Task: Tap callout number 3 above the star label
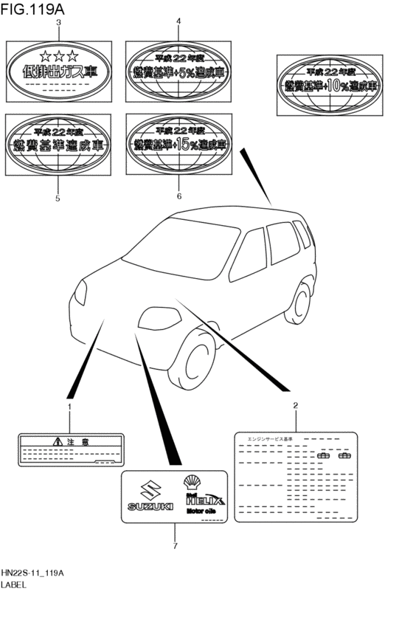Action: tap(58, 23)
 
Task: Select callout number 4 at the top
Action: tap(178, 23)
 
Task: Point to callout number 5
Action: tap(58, 198)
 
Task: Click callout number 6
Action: tap(178, 198)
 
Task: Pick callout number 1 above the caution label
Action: tap(70, 407)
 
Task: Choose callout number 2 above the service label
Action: tap(295, 405)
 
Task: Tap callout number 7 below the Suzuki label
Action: tap(175, 546)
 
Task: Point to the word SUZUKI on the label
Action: tap(150, 506)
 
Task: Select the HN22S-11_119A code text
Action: tap(33, 572)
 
